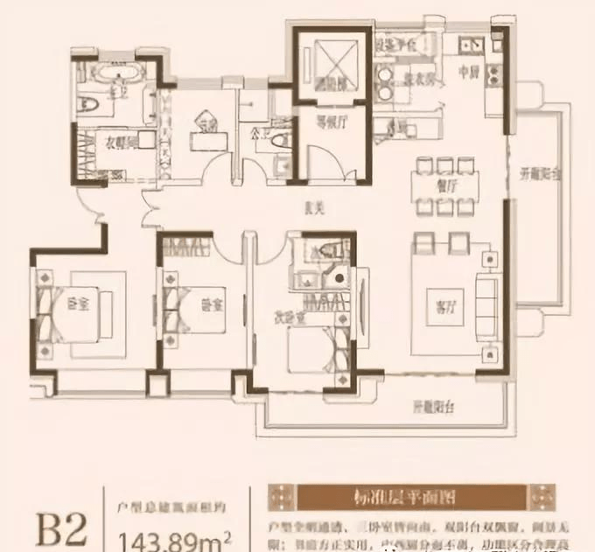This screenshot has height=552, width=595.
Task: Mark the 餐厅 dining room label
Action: click(447, 185)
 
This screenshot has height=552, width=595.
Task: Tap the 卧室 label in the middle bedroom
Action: click(210, 305)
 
